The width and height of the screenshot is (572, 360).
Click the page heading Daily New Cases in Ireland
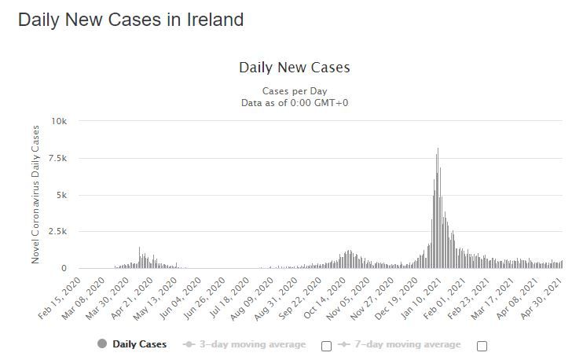130,20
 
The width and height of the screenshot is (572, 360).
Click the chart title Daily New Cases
294,68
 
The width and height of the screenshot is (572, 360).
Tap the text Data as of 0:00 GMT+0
294,102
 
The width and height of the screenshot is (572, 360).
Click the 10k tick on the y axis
59,121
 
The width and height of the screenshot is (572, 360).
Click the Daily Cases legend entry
139,343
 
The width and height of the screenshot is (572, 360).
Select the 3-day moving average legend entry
252,343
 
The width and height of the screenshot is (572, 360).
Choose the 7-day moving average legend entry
408,343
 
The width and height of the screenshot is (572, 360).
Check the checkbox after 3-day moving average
326,345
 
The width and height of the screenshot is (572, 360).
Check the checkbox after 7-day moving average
482,345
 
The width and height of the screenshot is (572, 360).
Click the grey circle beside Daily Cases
102,343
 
